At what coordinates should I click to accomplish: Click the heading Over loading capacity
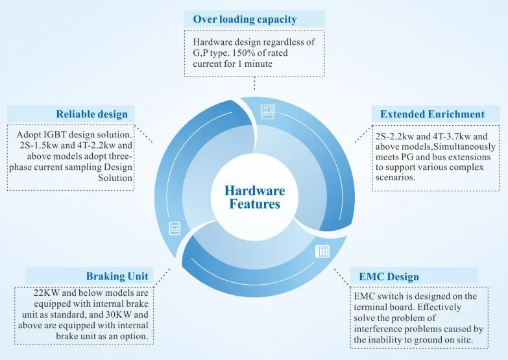245,19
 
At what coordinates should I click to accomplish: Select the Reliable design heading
92,114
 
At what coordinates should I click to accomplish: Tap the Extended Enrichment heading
432,114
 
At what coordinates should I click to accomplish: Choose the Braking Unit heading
117,276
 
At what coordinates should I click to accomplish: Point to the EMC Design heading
389,277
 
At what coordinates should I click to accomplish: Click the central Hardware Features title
254,197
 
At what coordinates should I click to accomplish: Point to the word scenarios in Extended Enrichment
395,178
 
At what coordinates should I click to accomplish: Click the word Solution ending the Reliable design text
115,178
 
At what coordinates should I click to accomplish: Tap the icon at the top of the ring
268,111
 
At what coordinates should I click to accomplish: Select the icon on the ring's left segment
175,228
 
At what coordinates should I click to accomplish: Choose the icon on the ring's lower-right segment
322,252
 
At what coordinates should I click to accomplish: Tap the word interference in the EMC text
374,329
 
